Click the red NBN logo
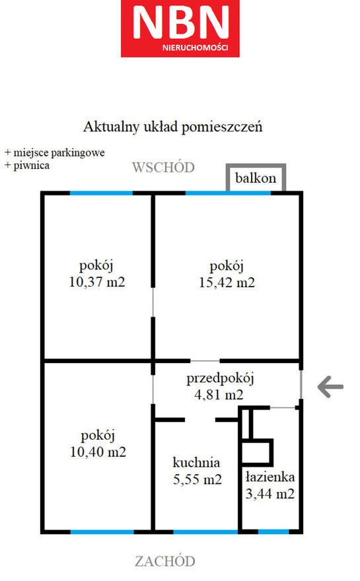click(x=180, y=28)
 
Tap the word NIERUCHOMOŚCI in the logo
click(x=196, y=48)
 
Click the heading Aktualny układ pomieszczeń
click(x=173, y=127)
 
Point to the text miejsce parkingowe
click(x=59, y=153)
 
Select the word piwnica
click(x=32, y=165)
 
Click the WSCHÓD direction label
click(x=164, y=167)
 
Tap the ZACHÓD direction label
click(x=165, y=561)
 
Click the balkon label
click(x=256, y=178)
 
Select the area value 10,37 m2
click(x=97, y=282)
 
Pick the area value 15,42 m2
click(x=227, y=283)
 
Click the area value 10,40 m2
click(x=98, y=452)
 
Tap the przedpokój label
click(x=220, y=379)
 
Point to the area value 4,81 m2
click(x=219, y=395)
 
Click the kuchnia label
click(x=196, y=462)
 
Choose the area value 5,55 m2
click(x=198, y=479)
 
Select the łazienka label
click(x=270, y=477)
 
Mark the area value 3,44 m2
click(x=270, y=494)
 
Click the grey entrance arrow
click(x=330, y=387)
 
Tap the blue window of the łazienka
click(x=273, y=531)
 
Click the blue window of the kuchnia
click(x=206, y=531)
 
